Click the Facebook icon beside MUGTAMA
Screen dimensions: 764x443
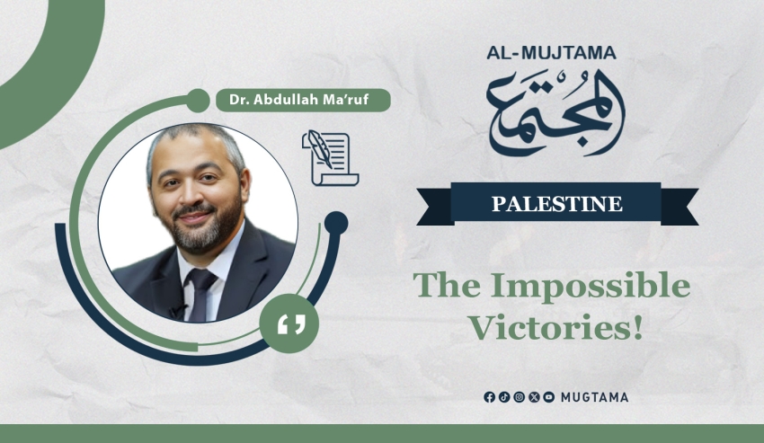point(489,397)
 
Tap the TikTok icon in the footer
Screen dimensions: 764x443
point(504,397)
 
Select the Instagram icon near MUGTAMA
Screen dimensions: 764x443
point(519,397)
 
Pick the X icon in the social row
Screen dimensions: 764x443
point(534,397)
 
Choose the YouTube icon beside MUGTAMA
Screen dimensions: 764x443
point(548,397)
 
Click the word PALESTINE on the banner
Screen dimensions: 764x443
point(557,204)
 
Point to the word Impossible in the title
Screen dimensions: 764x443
point(590,287)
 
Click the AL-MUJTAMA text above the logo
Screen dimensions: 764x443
point(551,53)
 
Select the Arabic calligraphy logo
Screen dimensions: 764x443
point(556,113)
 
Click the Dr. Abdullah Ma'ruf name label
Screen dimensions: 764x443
point(303,100)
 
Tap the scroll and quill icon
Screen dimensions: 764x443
point(331,158)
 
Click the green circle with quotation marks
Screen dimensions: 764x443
point(289,323)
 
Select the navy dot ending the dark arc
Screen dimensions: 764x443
point(336,224)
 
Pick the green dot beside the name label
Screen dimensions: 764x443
point(198,101)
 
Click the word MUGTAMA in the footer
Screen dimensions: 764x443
point(594,398)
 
